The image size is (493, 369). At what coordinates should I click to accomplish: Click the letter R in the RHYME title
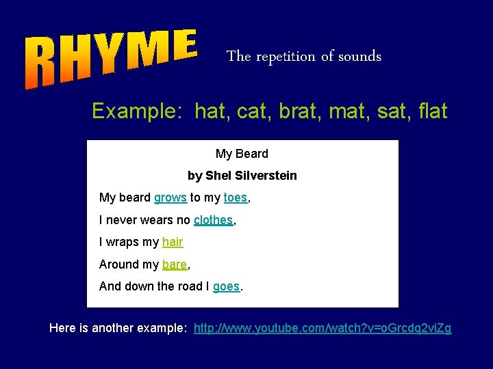point(41,67)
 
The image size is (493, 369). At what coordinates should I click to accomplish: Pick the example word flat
point(431,111)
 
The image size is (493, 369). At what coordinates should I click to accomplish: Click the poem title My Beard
point(242,154)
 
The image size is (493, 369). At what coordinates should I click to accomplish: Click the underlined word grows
point(170,197)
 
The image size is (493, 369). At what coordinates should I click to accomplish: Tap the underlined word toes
point(235,197)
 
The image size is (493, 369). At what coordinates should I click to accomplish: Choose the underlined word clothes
point(214,220)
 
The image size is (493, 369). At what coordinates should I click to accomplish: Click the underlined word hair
point(173,242)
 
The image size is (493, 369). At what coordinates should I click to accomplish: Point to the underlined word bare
point(174,264)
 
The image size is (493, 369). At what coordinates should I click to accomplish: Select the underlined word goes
point(226,286)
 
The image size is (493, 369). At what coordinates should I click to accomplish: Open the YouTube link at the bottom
point(323,328)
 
